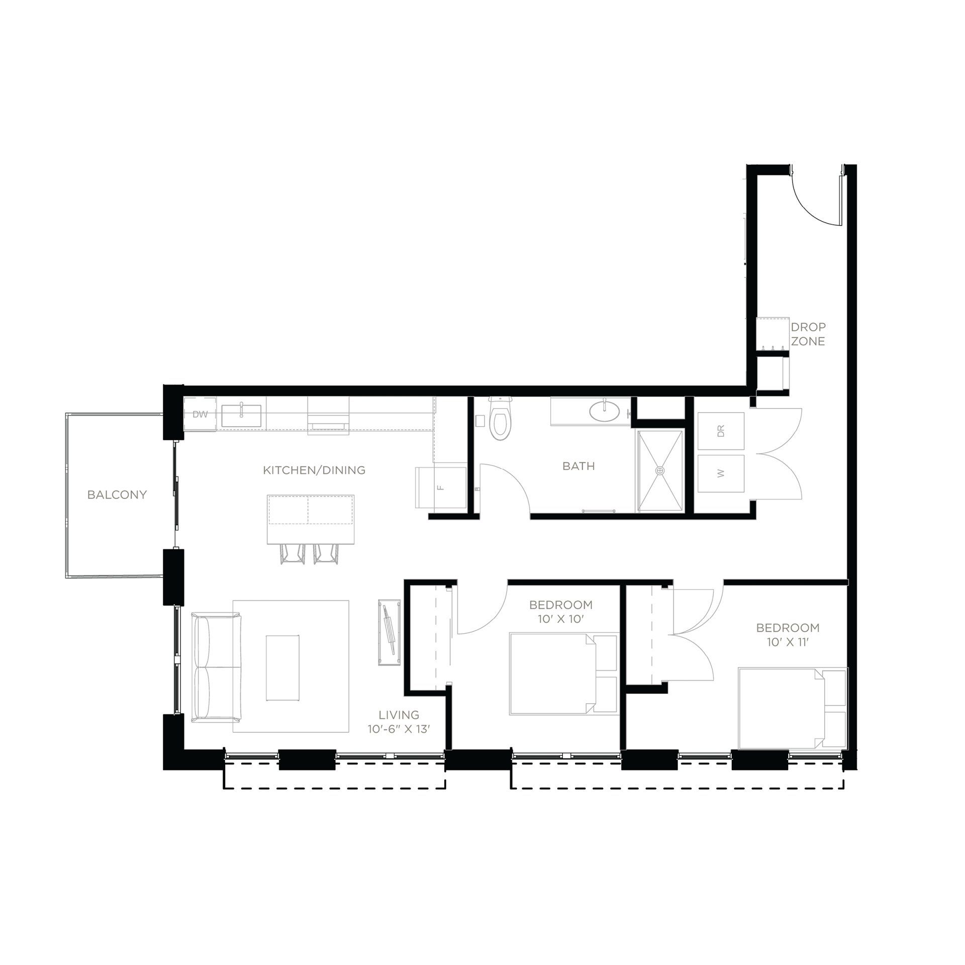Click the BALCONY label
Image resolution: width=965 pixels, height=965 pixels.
coord(117,495)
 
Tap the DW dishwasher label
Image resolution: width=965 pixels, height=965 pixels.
coord(200,415)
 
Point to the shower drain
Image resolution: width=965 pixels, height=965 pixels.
coord(660,470)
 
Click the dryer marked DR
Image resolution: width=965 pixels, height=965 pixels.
coord(721,431)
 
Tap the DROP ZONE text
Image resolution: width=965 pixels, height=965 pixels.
coord(808,334)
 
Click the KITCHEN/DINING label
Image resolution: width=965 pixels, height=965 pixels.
coord(314,470)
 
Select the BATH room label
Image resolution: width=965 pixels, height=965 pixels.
coord(578,466)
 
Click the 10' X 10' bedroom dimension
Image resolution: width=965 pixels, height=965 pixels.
coord(560,619)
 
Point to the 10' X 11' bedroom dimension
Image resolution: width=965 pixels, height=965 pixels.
coord(788,642)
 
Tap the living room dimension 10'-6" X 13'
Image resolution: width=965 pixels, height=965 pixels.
coord(399,729)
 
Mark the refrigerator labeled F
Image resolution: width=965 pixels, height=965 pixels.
coord(440,487)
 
